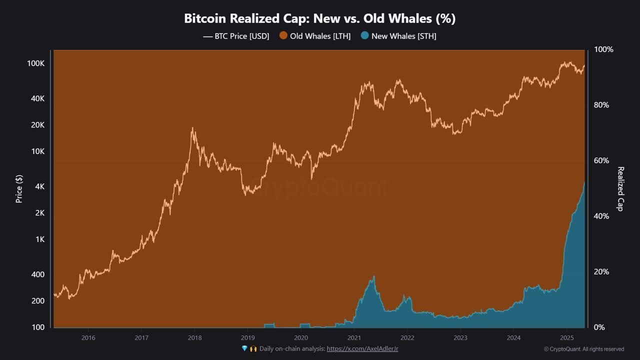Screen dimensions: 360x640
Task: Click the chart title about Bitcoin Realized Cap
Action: tap(319, 18)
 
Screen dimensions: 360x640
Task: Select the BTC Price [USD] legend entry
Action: tap(236, 36)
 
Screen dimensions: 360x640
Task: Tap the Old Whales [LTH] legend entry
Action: tap(315, 36)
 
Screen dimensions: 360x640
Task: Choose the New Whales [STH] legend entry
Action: tap(398, 36)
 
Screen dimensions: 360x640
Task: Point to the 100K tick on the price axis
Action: tap(36, 63)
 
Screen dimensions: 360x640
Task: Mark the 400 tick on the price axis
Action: tap(37, 274)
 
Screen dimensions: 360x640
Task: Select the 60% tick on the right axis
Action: tap(601, 160)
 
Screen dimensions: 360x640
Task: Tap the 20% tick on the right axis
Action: tap(601, 271)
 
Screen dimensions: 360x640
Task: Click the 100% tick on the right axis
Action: tap(603, 49)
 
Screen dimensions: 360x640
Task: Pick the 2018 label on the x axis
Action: tap(194, 337)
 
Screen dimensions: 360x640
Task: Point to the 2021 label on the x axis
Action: tap(354, 337)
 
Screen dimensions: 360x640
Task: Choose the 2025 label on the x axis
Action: tap(566, 337)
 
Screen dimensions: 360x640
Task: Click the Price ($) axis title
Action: tap(19, 188)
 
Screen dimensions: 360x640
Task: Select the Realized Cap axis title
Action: tap(620, 188)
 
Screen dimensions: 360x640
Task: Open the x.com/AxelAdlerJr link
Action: tap(362, 349)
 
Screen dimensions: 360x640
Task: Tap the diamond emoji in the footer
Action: tap(244, 348)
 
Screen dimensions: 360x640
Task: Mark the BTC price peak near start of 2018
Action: tap(192, 128)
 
